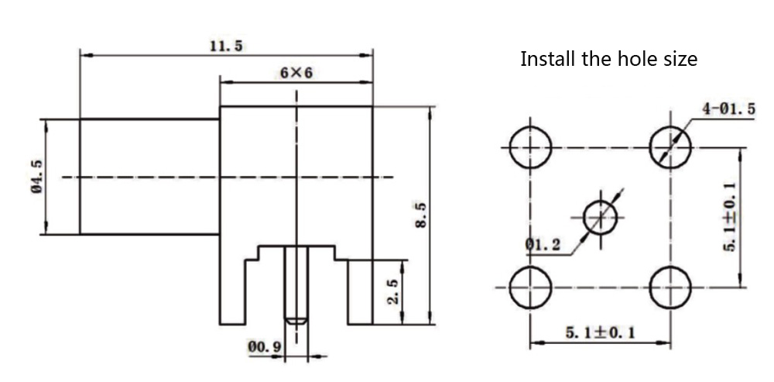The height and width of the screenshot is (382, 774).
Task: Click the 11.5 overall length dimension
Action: pos(226,46)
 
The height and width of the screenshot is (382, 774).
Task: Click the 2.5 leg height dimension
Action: pos(392,292)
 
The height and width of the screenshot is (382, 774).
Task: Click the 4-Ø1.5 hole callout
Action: pos(728,109)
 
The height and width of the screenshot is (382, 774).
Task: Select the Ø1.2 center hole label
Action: pos(543,245)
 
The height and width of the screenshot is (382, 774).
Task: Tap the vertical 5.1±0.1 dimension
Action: pos(729,217)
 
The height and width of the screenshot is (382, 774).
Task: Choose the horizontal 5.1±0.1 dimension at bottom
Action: pos(600,332)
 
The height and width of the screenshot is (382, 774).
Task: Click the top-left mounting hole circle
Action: pos(530,146)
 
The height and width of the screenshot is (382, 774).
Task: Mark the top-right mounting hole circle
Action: pos(670,146)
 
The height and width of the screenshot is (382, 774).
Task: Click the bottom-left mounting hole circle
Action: pos(530,286)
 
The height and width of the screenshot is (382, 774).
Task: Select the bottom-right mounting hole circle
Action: pos(670,287)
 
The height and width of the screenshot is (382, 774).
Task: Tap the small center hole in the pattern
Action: pos(601,217)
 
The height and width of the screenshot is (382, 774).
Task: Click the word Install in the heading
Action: pos(548,59)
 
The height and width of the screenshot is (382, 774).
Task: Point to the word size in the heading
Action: pos(679,59)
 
